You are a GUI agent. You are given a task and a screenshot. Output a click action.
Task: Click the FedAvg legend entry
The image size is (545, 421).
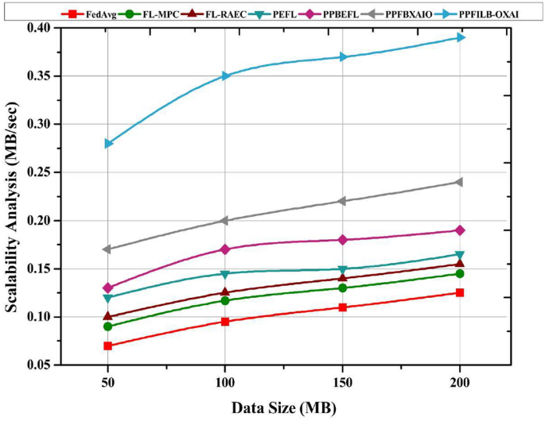pos(91,14)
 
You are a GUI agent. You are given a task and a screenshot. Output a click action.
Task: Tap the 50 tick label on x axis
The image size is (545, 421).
pos(107,384)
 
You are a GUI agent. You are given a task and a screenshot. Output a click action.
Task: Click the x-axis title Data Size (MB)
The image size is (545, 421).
pos(284,407)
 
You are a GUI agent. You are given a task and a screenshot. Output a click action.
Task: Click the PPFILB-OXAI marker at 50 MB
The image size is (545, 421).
pos(107,144)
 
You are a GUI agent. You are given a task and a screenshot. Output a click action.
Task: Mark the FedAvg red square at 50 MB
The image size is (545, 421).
pos(107,346)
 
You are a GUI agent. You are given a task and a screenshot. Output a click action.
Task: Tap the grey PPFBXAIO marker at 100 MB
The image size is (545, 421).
pos(225,220)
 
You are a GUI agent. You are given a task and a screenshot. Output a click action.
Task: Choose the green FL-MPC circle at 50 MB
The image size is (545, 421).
pos(107,326)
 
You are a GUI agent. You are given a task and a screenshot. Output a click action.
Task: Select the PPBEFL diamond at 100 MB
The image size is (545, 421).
pos(225,249)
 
